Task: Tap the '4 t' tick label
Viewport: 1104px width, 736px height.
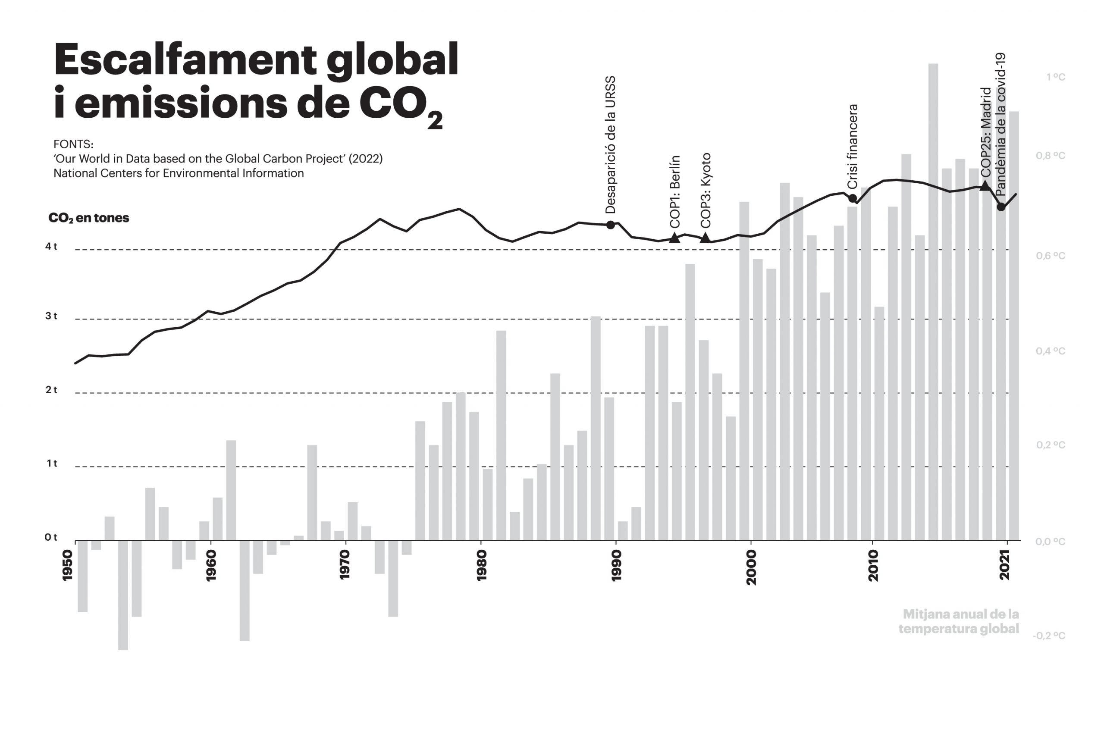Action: click(51, 247)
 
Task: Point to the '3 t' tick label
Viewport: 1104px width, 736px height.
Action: click(51, 316)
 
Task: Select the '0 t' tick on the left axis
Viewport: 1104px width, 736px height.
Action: click(51, 537)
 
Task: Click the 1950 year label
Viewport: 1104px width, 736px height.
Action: click(68, 565)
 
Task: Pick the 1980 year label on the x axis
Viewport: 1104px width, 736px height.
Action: click(482, 566)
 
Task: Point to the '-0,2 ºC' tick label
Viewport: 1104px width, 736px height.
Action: click(1049, 636)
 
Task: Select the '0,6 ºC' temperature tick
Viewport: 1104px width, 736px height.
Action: click(1051, 256)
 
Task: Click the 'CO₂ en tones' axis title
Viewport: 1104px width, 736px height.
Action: click(89, 218)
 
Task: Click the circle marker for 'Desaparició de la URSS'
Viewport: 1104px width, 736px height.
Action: click(610, 225)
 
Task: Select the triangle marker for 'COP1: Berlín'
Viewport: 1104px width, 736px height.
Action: click(674, 238)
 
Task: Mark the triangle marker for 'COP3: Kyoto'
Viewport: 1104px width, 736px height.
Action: click(705, 238)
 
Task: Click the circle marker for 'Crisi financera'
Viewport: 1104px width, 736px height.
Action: click(853, 198)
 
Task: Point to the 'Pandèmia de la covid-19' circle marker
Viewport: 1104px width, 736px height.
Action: click(1001, 207)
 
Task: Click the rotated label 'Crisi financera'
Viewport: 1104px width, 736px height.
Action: click(853, 146)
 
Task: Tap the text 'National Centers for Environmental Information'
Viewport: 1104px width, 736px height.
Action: click(179, 173)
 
